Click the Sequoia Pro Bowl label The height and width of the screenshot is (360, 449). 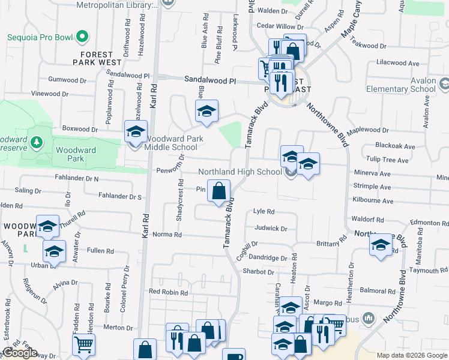click(x=40, y=37)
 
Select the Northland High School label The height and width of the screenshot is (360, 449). click(x=240, y=172)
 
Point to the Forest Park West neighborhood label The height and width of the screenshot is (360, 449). click(x=97, y=58)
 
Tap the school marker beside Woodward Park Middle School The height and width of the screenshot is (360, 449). click(x=136, y=131)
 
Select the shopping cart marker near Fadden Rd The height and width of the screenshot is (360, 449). click(x=83, y=345)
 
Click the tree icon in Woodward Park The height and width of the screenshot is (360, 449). click(x=37, y=142)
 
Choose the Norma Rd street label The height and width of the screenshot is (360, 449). click(x=167, y=235)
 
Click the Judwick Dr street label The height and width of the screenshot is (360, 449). click(x=271, y=228)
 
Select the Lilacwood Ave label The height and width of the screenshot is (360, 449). click(x=397, y=63)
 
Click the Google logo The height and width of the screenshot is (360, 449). click(x=20, y=353)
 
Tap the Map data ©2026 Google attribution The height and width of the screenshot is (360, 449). click(x=411, y=355)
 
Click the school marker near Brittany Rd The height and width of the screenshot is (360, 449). click(x=381, y=245)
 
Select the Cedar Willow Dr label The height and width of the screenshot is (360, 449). click(x=280, y=26)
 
